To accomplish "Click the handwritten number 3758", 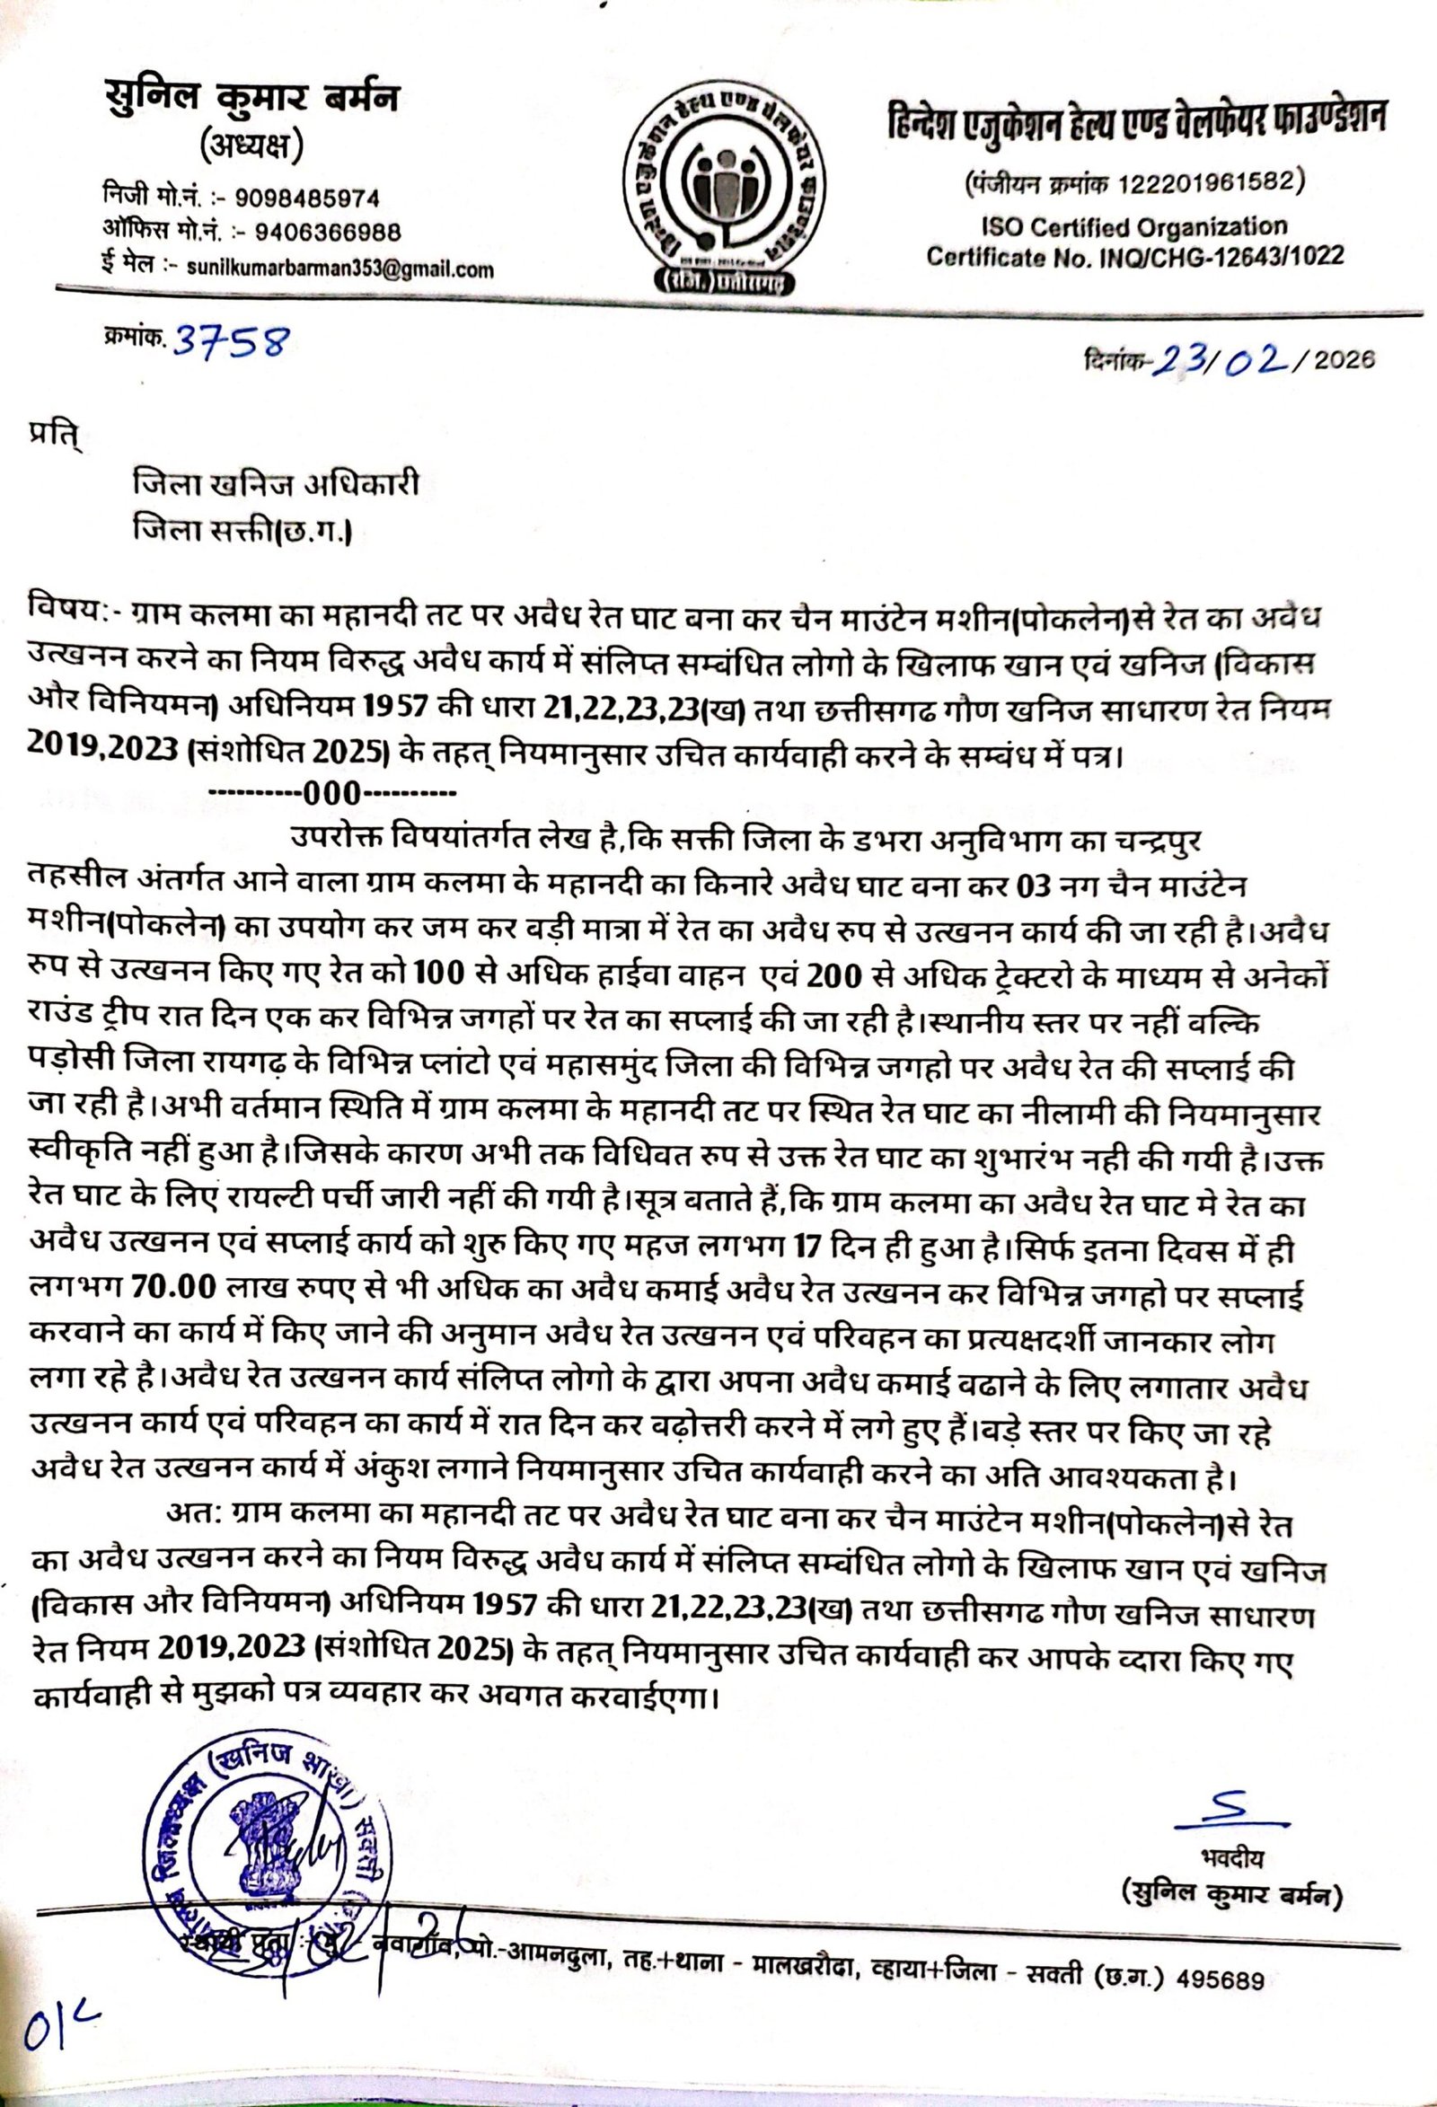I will pos(231,342).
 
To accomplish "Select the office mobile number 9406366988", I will pos(329,232).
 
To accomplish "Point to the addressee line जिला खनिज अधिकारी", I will pos(276,485).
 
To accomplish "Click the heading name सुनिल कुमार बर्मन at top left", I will pos(252,100).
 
